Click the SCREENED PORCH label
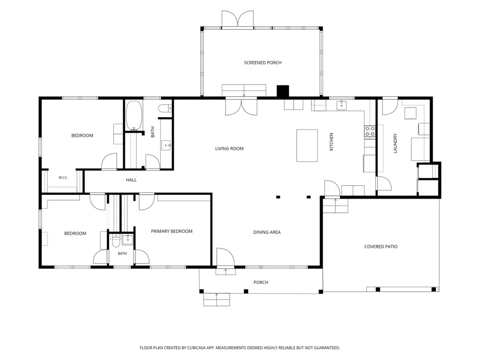(x=263, y=63)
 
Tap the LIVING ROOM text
(x=229, y=149)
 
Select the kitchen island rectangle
(x=307, y=145)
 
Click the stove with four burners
(x=370, y=132)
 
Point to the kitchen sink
(x=341, y=105)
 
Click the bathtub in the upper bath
(x=134, y=116)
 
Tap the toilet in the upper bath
(x=165, y=108)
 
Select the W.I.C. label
(x=63, y=178)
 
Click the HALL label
(x=132, y=180)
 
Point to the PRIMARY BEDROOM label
(x=171, y=231)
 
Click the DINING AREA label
(x=266, y=232)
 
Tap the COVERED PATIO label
(x=381, y=247)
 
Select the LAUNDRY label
(x=395, y=143)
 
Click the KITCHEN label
(x=331, y=142)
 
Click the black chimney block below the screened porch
(x=283, y=92)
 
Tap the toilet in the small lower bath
(x=116, y=240)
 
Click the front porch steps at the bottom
(x=217, y=300)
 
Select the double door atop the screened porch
(x=238, y=19)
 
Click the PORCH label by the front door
(x=261, y=283)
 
